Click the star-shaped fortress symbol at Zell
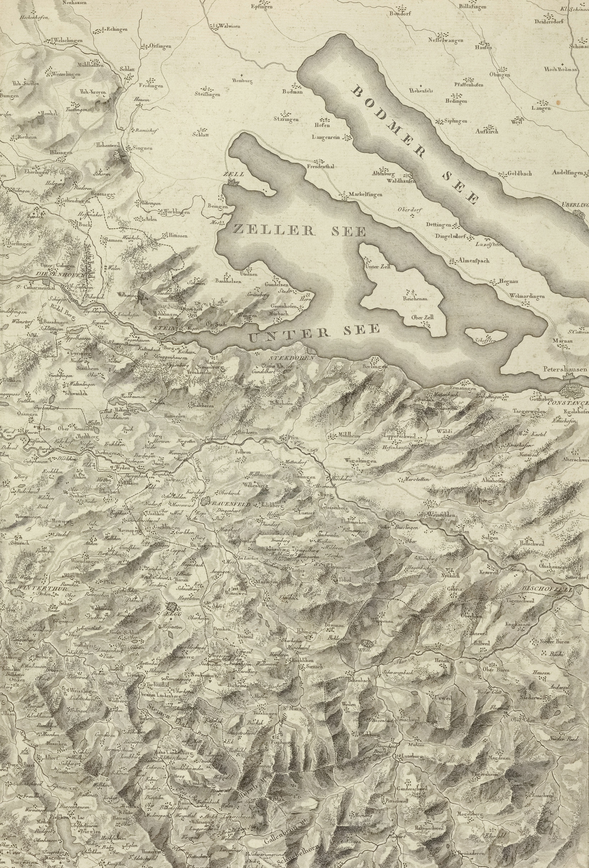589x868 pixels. point(233,182)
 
